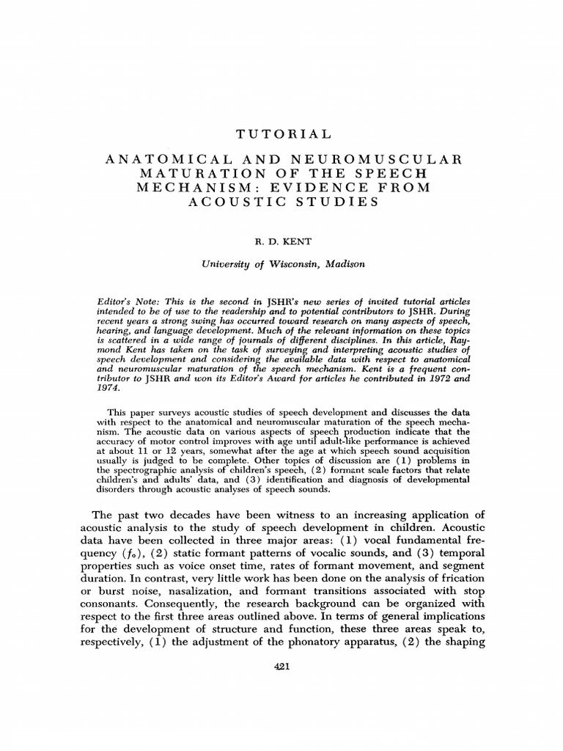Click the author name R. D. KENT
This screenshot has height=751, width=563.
coord(281,239)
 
